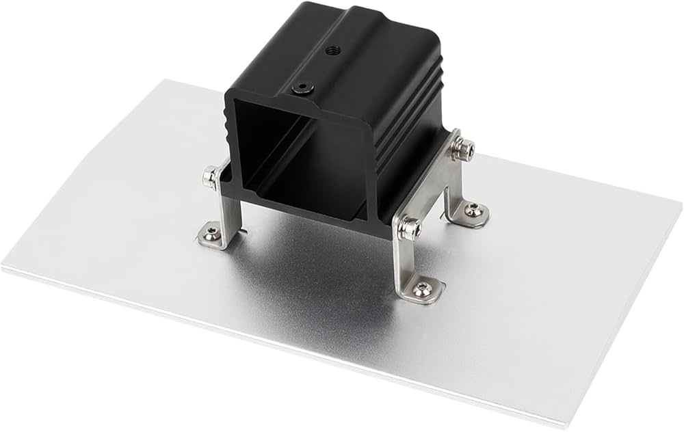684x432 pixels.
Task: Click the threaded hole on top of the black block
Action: [333, 50]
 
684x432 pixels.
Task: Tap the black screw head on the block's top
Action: [300, 89]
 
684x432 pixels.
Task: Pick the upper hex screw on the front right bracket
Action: [409, 228]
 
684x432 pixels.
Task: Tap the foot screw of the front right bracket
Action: [422, 290]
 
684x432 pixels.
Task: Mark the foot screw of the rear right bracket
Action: [472, 211]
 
